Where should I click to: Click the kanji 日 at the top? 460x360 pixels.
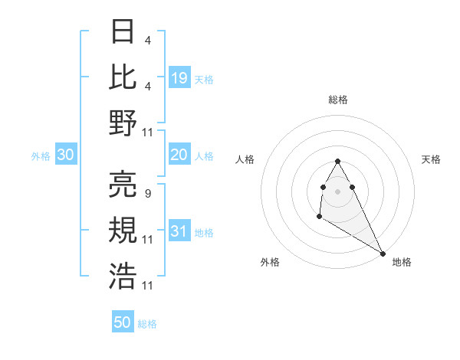click(x=123, y=32)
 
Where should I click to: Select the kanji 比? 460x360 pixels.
click(x=123, y=77)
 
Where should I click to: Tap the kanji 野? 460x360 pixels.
click(x=123, y=123)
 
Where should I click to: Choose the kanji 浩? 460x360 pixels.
click(x=123, y=274)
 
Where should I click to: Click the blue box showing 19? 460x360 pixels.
click(x=179, y=77)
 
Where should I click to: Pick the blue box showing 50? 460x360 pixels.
click(x=123, y=322)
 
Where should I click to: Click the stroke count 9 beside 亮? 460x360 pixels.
click(x=147, y=193)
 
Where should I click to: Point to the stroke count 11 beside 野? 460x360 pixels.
click(x=149, y=133)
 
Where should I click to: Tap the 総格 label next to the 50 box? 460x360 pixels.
click(x=148, y=324)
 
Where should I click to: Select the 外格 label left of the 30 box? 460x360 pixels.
click(x=41, y=156)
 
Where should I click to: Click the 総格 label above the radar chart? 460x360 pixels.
click(x=338, y=100)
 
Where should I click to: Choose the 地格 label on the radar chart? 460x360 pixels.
click(x=402, y=262)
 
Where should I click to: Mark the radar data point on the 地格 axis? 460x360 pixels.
click(x=383, y=253)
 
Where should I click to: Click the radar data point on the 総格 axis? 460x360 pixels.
click(x=338, y=162)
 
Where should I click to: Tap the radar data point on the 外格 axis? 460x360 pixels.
click(x=319, y=218)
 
